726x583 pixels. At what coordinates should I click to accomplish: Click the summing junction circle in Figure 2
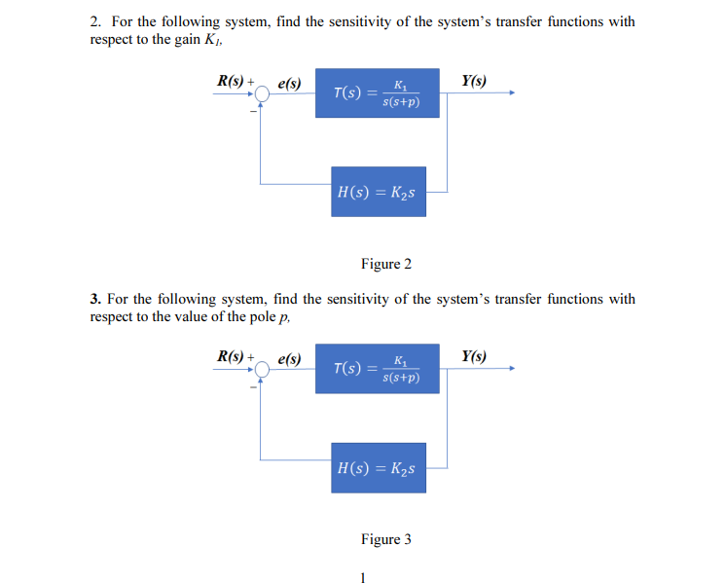(x=262, y=94)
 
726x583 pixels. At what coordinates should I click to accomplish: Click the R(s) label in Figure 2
(x=232, y=82)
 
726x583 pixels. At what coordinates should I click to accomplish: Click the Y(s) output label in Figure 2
(x=475, y=81)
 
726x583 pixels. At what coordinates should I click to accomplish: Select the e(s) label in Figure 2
(x=289, y=85)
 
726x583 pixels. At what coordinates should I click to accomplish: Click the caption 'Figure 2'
(x=386, y=264)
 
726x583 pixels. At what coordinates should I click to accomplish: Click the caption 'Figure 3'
(x=386, y=539)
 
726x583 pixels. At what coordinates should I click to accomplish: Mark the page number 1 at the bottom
(x=362, y=576)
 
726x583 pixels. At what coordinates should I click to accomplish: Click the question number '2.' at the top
(x=96, y=21)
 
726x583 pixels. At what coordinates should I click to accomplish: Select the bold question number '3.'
(x=95, y=299)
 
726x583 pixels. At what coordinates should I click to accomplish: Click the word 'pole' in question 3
(x=258, y=316)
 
